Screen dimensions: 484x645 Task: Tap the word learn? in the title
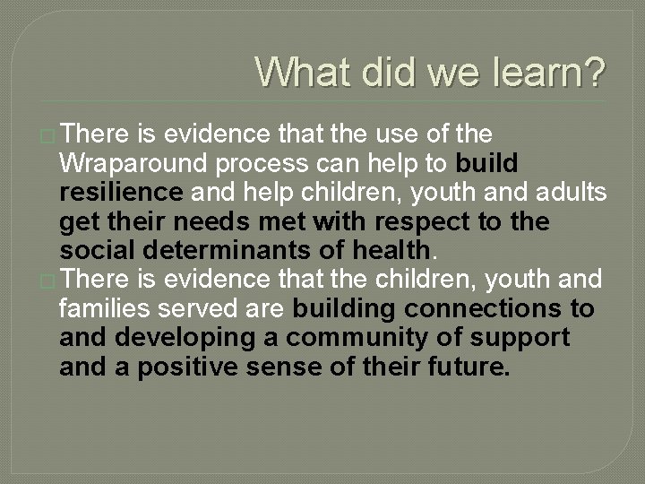coord(547,72)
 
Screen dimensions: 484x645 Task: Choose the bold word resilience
coord(121,193)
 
